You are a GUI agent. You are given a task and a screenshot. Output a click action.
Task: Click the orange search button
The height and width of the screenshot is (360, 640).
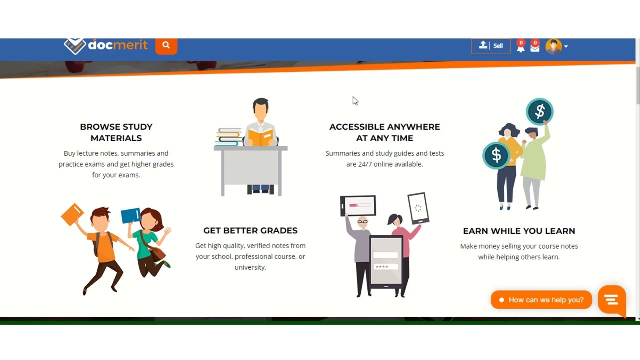coord(166,46)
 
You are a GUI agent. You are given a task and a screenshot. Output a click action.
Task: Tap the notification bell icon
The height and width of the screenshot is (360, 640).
coord(521,47)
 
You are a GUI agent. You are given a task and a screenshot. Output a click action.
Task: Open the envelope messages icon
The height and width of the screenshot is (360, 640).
coord(535,47)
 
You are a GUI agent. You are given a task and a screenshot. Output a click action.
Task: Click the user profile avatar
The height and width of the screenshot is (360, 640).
coord(553,46)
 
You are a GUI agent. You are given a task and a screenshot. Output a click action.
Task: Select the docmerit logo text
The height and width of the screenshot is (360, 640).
coord(118,45)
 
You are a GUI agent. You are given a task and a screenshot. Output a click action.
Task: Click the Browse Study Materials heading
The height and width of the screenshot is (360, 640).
coord(116,132)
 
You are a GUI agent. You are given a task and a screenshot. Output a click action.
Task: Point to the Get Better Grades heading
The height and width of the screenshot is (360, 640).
coord(250,230)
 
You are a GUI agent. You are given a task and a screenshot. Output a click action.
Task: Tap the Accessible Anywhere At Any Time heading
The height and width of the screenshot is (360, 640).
coord(384,132)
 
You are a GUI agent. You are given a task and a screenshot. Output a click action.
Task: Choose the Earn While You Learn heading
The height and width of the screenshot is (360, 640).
coord(519,231)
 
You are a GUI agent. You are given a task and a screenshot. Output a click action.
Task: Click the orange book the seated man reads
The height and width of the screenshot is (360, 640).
coord(261,137)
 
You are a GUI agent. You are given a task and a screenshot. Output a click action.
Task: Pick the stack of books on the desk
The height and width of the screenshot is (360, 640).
coord(229,137)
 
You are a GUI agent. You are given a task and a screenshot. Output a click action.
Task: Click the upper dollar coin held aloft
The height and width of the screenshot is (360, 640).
coord(540,111)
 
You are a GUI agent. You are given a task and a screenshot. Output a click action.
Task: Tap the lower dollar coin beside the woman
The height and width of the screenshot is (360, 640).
coord(496,155)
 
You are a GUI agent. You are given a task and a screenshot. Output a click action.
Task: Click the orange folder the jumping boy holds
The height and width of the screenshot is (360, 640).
coord(72,214)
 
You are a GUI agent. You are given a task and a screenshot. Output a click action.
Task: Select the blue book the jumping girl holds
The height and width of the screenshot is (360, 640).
coord(131,215)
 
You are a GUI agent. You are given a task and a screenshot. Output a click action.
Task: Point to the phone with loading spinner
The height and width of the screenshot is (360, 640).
coord(418,207)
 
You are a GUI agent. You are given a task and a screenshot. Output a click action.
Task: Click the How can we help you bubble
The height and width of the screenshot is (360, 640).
coord(542,300)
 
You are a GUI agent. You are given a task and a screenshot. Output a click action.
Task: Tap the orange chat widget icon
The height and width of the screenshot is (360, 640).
coord(612,300)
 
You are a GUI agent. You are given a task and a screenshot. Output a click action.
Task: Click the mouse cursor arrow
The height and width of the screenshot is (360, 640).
coord(354,100)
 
